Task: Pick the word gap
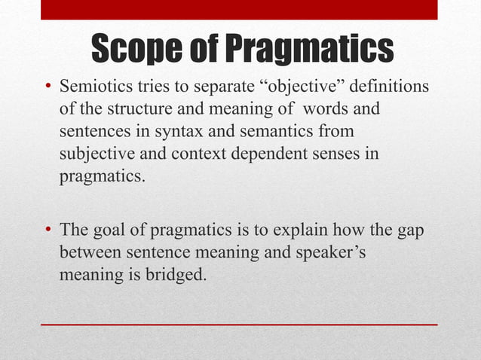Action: (411, 230)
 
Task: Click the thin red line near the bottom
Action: (239, 324)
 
